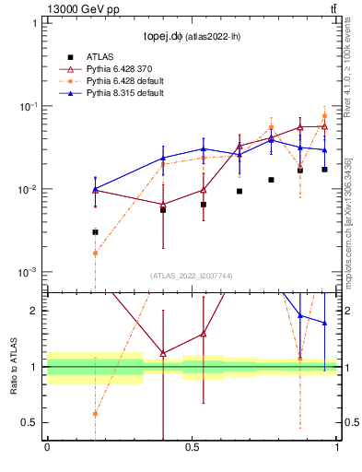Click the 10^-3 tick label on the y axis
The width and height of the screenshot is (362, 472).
point(29,273)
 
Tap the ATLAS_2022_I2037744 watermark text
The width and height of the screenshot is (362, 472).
point(193,276)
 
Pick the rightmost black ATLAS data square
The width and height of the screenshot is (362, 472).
point(324,170)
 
